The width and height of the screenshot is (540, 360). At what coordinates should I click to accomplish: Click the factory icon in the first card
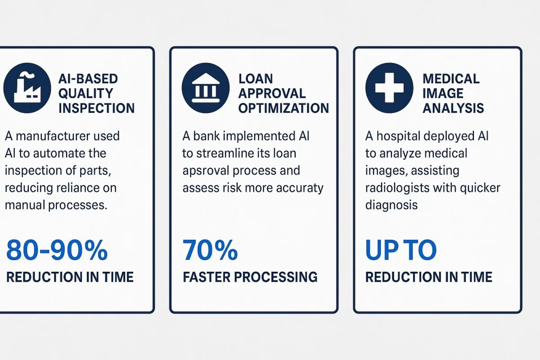27,88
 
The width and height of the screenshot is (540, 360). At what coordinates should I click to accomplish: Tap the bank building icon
206,88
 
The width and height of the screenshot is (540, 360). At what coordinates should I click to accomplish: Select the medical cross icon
389,88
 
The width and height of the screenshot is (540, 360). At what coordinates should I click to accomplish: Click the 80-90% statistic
57,250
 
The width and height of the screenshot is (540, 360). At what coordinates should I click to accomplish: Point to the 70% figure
210,250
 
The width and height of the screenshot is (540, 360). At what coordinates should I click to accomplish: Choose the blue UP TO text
401,250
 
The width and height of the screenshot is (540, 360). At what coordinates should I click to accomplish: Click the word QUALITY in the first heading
85,94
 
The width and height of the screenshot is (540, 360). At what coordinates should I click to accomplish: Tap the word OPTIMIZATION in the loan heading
283,108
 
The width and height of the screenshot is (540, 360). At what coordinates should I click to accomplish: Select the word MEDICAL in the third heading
451,79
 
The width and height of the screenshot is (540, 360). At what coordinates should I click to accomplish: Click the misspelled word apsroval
205,171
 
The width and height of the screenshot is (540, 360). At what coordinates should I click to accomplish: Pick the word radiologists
397,188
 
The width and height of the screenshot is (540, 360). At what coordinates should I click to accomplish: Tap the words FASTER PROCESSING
250,277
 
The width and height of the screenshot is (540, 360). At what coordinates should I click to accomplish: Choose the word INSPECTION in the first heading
96,108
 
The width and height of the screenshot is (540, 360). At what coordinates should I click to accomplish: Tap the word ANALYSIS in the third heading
453,108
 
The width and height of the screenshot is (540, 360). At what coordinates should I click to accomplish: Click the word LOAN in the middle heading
256,79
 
